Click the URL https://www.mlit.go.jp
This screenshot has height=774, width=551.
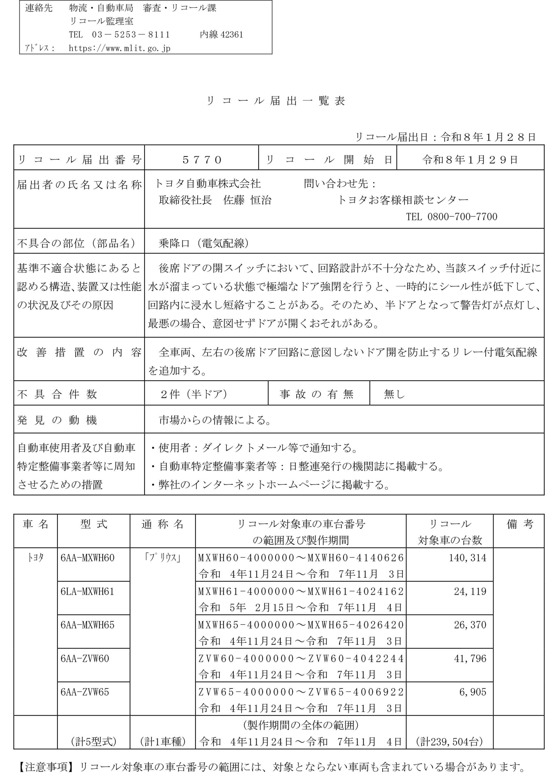click(x=120, y=48)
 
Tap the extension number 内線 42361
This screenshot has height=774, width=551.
click(x=221, y=34)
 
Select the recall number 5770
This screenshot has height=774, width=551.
click(x=202, y=160)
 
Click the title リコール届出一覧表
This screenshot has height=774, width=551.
click(x=275, y=101)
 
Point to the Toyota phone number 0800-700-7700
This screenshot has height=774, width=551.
click(x=462, y=217)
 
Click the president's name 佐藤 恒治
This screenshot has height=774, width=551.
click(x=247, y=200)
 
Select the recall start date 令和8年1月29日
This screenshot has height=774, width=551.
click(x=470, y=160)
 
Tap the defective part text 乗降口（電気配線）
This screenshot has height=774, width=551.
click(x=204, y=243)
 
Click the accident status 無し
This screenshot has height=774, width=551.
click(x=394, y=394)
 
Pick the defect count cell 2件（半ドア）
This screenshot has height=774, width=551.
click(x=194, y=394)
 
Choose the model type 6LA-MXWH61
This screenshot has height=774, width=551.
click(x=87, y=592)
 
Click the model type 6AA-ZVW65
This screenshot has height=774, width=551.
click(x=85, y=692)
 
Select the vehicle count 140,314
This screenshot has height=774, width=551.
click(x=467, y=558)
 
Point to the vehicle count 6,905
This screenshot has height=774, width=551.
click(x=473, y=692)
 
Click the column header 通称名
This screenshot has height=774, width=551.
click(x=162, y=525)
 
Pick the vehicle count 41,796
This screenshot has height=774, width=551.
click(x=470, y=659)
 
